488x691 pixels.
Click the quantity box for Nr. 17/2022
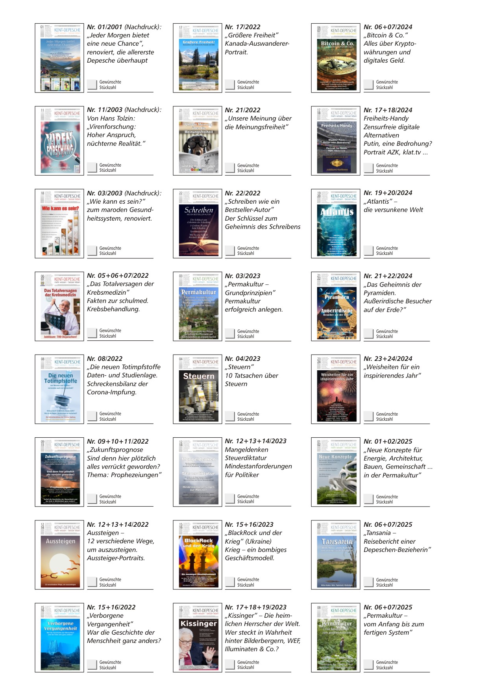(x=230, y=84)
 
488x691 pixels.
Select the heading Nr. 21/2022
(x=242, y=110)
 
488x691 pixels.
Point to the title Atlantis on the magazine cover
(x=336, y=212)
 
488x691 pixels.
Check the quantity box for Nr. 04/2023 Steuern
(x=230, y=416)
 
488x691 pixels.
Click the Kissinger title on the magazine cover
(x=199, y=624)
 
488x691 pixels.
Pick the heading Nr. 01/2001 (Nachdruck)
(x=124, y=27)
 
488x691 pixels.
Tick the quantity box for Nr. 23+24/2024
(x=369, y=416)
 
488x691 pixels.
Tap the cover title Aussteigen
(x=61, y=541)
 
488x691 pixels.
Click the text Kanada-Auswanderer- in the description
(x=257, y=44)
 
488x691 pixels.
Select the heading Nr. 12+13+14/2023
(x=255, y=441)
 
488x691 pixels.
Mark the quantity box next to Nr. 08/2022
(x=92, y=416)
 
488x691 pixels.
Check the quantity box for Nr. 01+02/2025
(x=369, y=499)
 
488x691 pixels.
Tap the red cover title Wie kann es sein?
(x=60, y=208)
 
